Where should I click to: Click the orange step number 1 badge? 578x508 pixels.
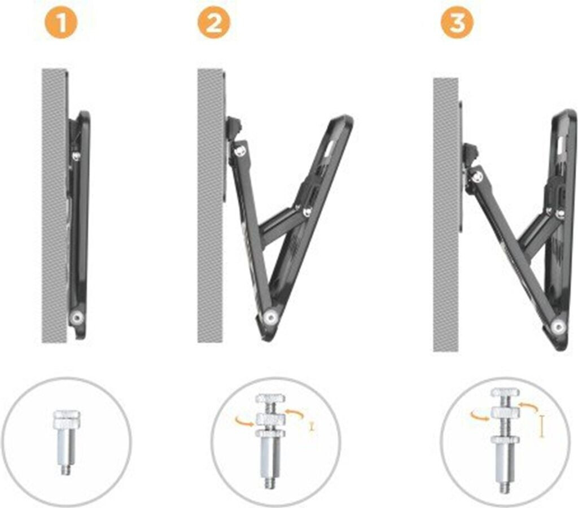coord(62,23)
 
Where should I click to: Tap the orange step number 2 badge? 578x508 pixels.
coord(213,23)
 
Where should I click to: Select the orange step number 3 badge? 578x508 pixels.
coord(457,23)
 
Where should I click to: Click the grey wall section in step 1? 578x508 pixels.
coord(55,205)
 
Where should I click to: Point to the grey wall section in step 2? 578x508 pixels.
coord(211,205)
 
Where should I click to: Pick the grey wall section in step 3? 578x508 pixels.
coord(446,214)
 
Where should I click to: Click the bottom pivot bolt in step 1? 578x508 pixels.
coord(77,317)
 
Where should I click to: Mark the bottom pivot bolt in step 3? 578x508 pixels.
coord(559,326)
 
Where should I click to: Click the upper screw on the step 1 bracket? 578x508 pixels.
coord(76,156)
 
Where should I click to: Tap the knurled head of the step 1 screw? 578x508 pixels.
coord(67,419)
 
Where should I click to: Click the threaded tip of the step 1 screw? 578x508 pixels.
coord(66,470)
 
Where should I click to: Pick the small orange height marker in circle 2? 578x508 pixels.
coord(312,427)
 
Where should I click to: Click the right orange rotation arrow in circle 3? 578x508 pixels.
coord(528,407)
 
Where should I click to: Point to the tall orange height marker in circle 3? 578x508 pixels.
coord(541,426)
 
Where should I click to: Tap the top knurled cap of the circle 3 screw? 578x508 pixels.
coord(505,392)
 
